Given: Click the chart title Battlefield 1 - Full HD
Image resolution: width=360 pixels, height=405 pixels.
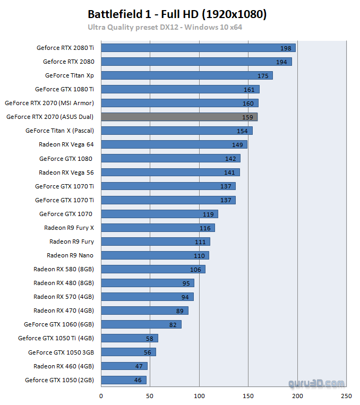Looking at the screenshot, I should point(177,14).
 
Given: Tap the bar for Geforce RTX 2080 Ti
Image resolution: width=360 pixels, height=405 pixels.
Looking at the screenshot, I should point(198,48).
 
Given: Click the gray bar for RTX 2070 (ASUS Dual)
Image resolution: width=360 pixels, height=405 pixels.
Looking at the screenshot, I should point(179,117).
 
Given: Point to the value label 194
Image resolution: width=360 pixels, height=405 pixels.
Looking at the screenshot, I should point(281,62).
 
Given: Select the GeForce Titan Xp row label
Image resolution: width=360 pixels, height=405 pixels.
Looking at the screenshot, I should point(69,75).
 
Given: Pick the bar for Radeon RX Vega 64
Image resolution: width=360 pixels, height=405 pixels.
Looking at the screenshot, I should point(174,144).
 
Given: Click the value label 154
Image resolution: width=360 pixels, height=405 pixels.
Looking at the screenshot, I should point(242,131).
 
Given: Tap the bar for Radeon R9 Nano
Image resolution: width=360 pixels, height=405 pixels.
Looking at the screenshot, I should point(155,255).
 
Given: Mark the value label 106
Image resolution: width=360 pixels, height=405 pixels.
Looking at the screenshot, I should point(195,270).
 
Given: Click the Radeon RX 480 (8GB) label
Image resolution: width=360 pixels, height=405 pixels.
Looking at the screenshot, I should point(63,282).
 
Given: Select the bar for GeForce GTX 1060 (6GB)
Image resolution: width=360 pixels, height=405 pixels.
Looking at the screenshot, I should point(141,324).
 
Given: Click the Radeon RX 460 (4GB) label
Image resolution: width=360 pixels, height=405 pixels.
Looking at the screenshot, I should point(63,366).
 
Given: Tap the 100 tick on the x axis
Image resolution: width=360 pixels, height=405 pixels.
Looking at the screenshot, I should point(199,395).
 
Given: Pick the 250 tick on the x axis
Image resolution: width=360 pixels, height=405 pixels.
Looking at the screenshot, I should point(346,395).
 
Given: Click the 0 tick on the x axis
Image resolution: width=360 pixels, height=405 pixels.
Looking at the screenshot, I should point(101,395).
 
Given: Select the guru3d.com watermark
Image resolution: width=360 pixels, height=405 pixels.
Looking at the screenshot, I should point(316,383).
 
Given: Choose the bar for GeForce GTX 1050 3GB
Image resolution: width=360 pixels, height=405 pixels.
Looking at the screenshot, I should point(128,352).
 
